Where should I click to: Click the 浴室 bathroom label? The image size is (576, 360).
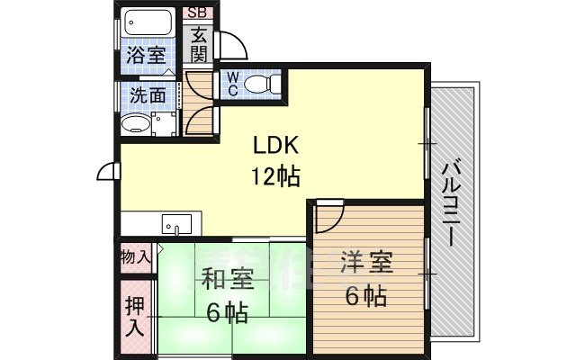coord(145,54)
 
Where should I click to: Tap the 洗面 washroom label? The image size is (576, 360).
coord(144,93)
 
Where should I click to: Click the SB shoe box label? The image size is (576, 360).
coord(196,13)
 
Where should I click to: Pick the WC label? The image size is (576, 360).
coord(230,84)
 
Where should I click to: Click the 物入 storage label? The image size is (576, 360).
coord(136,256)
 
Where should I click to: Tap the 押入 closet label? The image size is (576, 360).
coord(135,316)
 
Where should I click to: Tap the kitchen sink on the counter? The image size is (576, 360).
coord(176,222)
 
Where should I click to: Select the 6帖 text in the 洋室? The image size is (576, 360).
coord(367,294)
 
